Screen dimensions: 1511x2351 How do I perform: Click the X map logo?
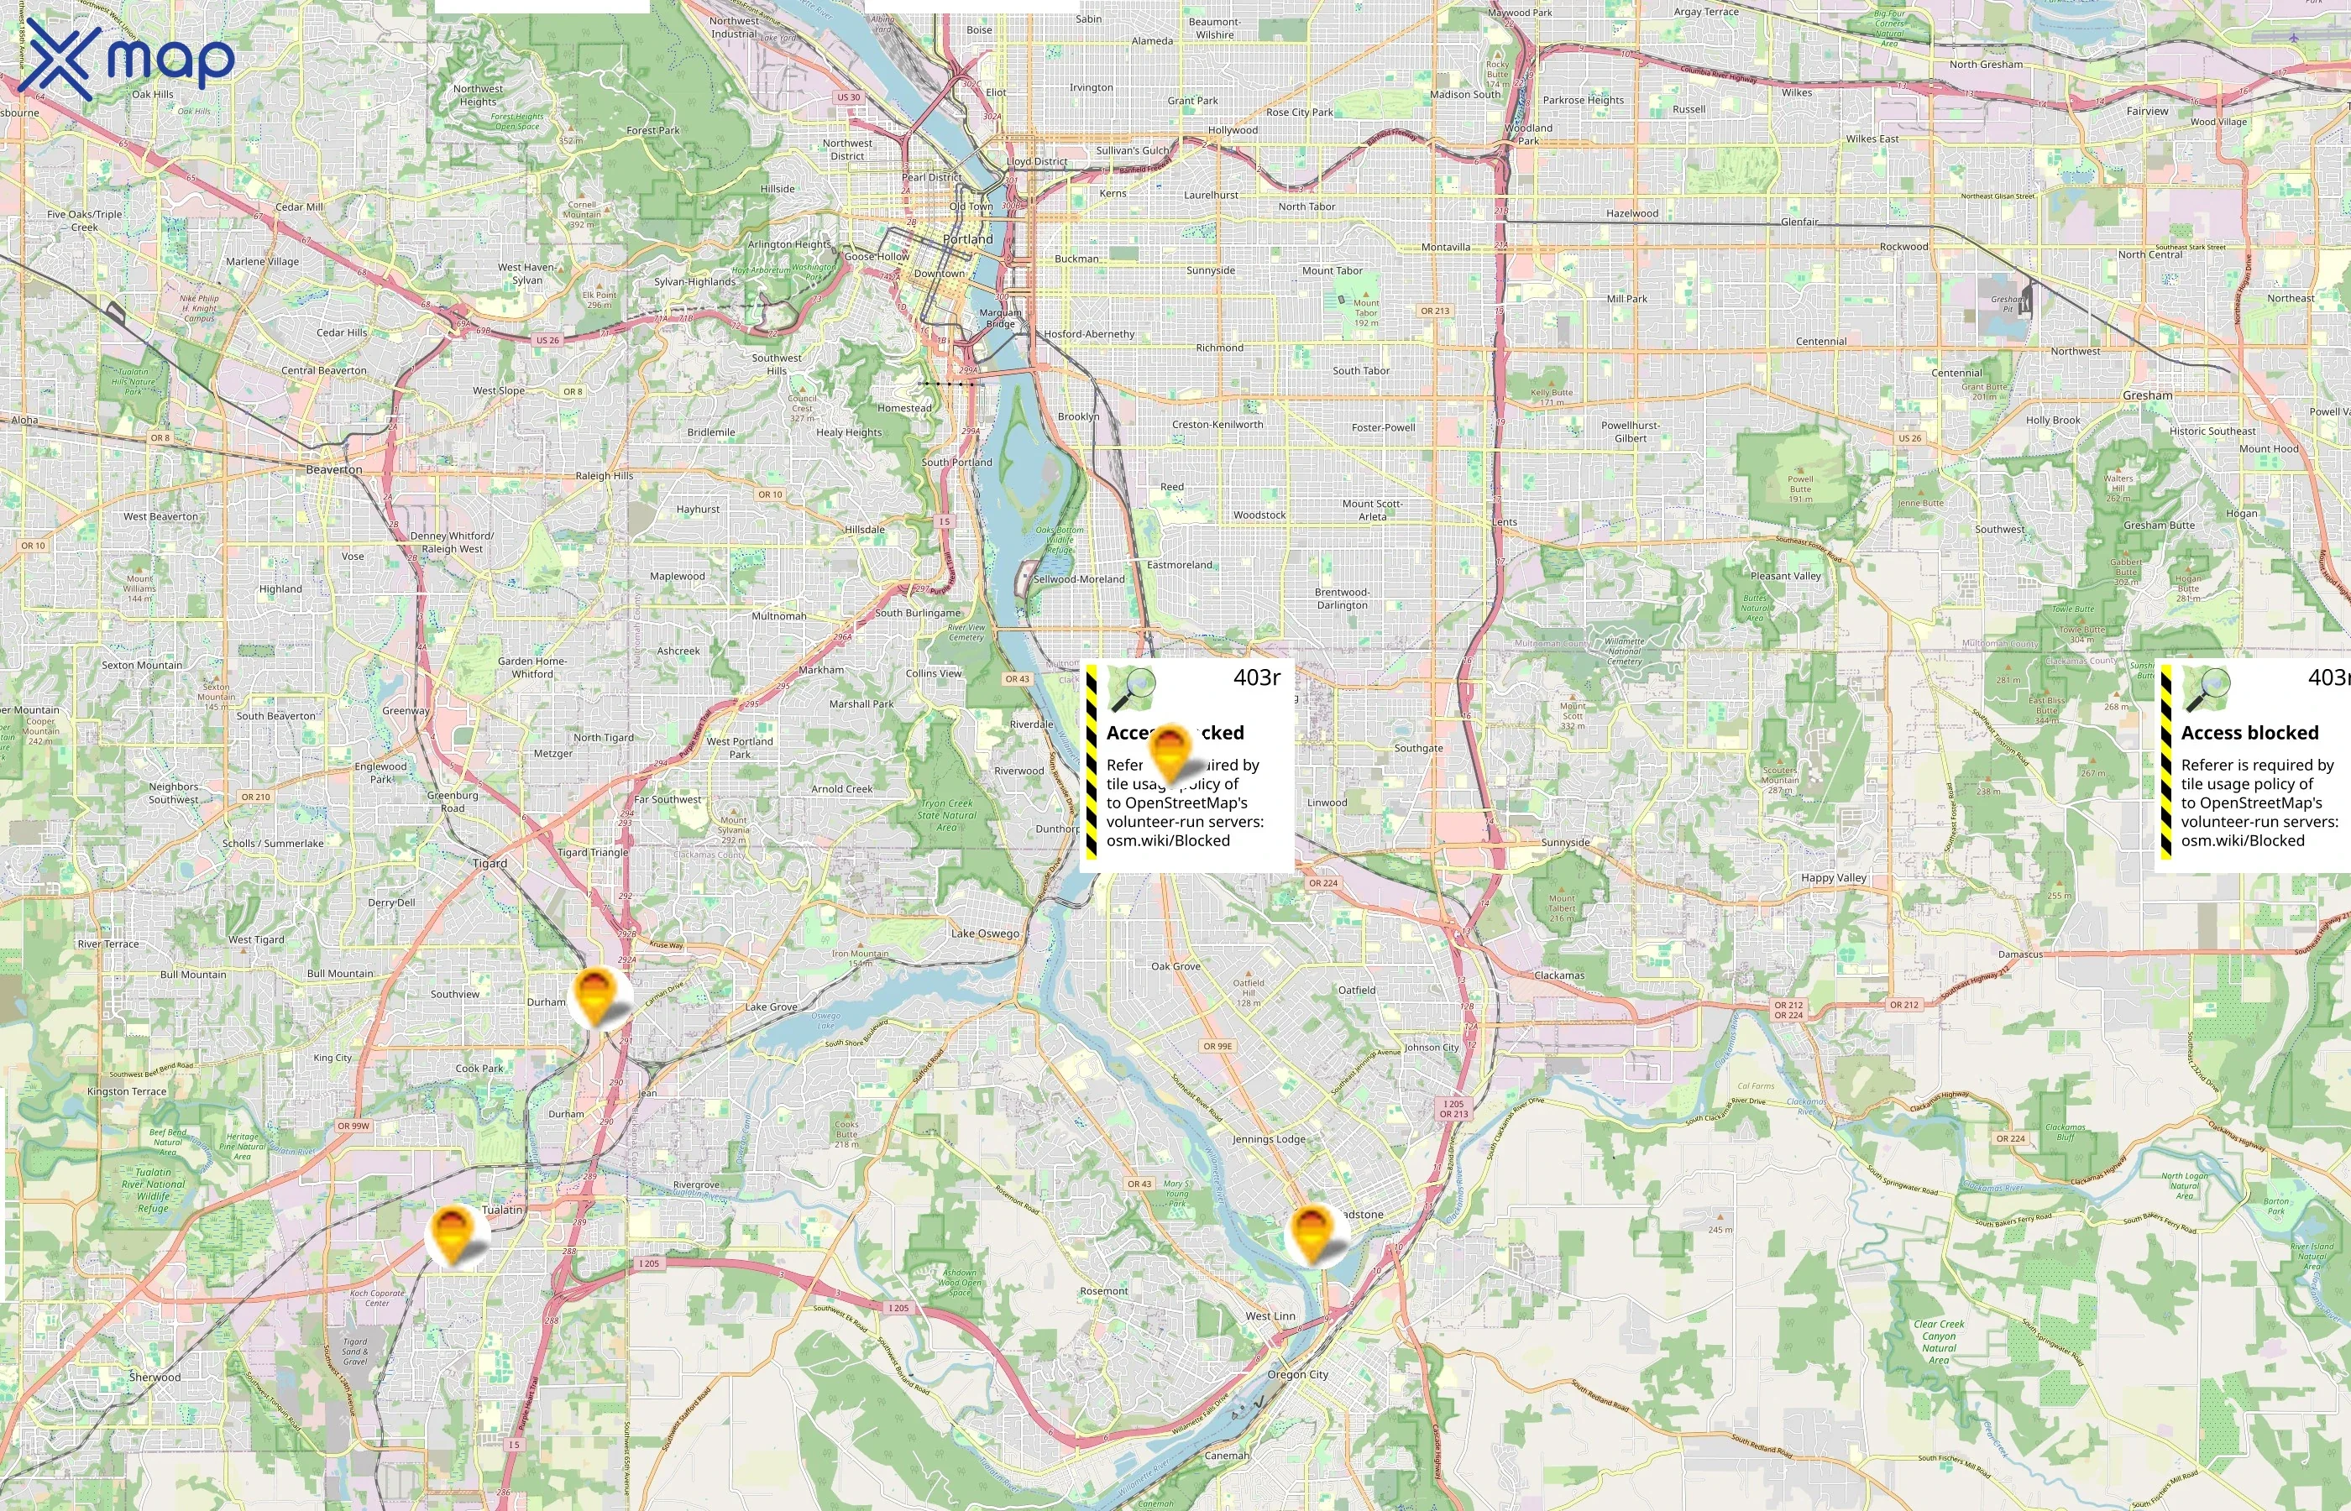click(127, 60)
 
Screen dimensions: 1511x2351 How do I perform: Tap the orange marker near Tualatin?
click(453, 1233)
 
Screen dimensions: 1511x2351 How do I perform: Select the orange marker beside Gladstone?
click(1312, 1232)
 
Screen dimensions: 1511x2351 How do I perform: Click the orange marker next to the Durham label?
click(594, 994)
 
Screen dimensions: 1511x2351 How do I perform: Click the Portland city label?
click(967, 239)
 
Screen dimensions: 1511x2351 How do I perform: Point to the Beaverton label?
click(333, 470)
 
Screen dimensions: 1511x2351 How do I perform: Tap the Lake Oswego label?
click(984, 933)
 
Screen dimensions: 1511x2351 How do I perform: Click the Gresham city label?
click(2147, 395)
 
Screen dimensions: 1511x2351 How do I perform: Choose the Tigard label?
click(490, 864)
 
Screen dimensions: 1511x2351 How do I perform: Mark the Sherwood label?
click(155, 1378)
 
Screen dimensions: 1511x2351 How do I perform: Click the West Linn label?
click(1270, 1315)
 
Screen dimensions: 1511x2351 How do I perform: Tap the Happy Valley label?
click(1833, 878)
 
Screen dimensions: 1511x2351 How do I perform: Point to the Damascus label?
click(2020, 954)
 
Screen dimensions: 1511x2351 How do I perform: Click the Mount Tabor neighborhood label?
click(1332, 271)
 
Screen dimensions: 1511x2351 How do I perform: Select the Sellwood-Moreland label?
click(1078, 579)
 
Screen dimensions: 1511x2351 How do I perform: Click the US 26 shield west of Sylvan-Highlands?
click(547, 341)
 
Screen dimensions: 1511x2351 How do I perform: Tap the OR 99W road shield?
click(353, 1126)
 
